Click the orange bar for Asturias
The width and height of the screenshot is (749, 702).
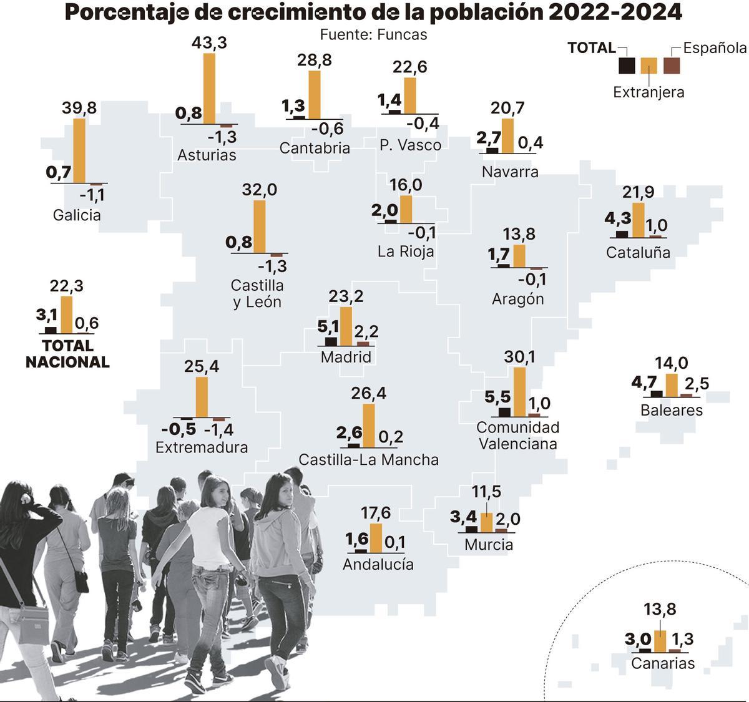click(x=210, y=89)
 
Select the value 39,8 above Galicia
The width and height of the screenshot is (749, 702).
click(x=79, y=108)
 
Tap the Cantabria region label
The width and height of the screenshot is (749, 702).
click(x=315, y=148)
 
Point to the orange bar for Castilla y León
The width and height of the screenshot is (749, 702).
click(x=260, y=227)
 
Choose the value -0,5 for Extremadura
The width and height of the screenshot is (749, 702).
click(x=179, y=429)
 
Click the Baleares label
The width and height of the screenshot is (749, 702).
click(x=672, y=410)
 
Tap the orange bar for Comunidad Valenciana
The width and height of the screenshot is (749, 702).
click(x=519, y=392)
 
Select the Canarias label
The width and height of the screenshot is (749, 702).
click(x=663, y=663)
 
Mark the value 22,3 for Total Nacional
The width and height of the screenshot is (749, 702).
click(x=66, y=286)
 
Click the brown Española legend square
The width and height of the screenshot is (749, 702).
click(x=672, y=66)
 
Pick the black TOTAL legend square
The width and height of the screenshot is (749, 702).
click(x=627, y=66)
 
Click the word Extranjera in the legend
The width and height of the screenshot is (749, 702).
click(x=649, y=92)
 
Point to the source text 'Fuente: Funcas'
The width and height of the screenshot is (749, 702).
click(x=373, y=34)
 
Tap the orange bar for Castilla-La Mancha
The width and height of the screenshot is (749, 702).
click(x=369, y=426)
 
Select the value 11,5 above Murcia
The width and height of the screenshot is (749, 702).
click(x=486, y=491)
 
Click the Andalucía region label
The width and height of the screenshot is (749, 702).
click(x=378, y=564)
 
